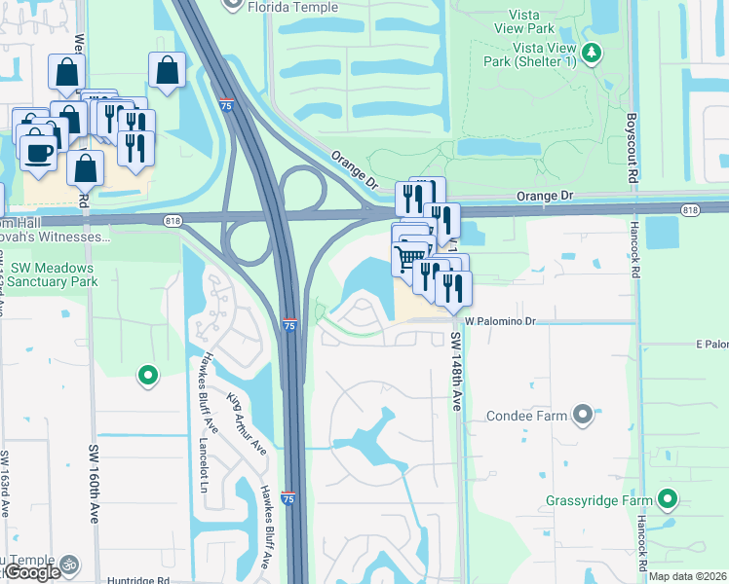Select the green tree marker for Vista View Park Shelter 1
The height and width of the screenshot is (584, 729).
[591, 51]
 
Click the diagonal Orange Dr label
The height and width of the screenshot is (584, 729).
[353, 167]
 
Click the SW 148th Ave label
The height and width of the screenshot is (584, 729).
[455, 371]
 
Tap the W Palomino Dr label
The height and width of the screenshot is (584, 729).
[500, 320]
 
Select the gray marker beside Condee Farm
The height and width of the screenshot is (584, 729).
[583, 416]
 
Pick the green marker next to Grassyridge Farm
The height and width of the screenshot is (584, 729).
[667, 500]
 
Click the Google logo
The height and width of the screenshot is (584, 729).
[31, 572]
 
